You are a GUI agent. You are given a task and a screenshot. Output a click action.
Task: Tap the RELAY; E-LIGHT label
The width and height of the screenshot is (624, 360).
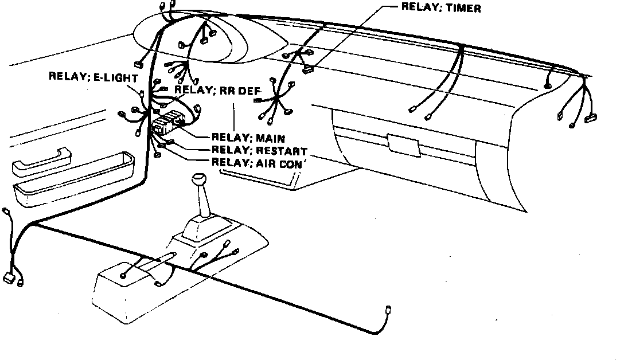[93, 77]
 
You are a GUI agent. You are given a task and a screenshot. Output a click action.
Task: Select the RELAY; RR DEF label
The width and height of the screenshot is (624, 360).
[217, 91]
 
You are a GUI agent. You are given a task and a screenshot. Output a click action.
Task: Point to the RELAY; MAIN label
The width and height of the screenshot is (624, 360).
[248, 138]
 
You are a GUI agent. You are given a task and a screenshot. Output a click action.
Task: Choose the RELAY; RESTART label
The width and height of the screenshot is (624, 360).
[259, 150]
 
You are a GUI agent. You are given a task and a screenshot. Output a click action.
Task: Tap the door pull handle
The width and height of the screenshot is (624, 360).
[41, 161]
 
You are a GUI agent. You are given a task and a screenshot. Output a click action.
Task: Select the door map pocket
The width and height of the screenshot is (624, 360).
[73, 179]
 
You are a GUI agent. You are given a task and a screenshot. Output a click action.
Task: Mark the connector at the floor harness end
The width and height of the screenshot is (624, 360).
[388, 310]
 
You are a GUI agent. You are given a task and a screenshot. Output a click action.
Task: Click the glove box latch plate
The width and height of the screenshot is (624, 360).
[404, 145]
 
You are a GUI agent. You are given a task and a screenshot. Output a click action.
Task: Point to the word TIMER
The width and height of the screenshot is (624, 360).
[463, 7]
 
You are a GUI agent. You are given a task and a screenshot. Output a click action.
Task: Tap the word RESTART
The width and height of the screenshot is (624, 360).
[282, 151]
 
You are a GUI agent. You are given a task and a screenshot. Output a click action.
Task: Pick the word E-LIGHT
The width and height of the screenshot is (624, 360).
[115, 77]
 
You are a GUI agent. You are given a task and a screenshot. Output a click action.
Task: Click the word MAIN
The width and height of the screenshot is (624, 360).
[270, 138]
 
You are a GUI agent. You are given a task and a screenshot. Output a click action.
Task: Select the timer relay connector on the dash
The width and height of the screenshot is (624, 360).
[307, 71]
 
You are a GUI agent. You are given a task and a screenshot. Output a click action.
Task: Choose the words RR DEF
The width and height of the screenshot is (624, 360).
[240, 91]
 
